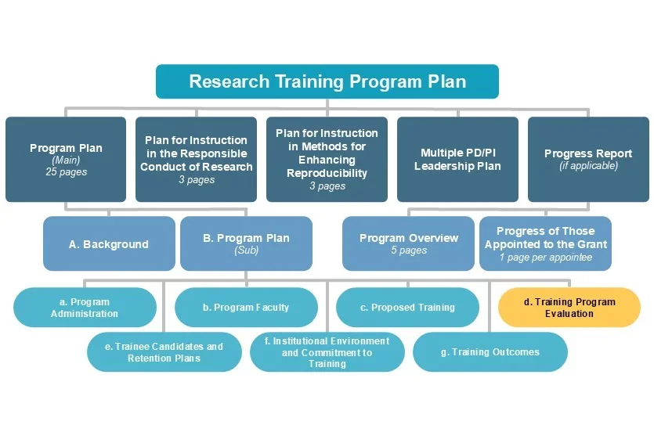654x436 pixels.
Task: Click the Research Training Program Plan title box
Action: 327,81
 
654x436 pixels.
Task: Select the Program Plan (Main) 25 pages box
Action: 66,160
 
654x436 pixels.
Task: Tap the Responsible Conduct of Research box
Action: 197,160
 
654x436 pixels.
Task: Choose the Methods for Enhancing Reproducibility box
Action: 327,160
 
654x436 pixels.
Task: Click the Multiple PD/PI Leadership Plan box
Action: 457,160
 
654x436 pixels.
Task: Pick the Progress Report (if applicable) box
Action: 588,160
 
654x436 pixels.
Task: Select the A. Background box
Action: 108,244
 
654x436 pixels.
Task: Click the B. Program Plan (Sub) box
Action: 246,244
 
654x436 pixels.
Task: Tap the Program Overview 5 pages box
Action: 408,244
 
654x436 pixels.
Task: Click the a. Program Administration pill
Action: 85,308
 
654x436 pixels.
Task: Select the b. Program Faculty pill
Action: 246,308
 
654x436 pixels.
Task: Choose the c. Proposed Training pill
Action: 407,308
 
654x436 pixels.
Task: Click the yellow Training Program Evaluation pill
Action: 569,308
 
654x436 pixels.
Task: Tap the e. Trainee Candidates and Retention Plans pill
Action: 164,352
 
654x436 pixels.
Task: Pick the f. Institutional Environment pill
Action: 327,352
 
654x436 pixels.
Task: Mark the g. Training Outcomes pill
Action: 490,352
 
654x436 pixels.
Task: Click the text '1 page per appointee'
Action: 545,258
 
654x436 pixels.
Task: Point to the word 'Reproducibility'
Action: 327,173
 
